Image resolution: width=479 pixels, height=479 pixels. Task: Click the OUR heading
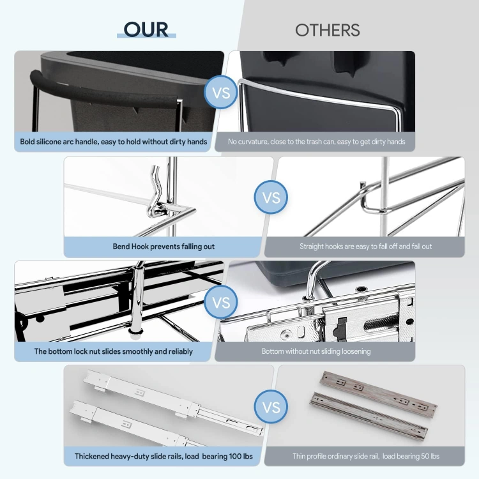click(x=146, y=29)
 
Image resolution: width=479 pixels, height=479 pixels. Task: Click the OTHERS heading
click(x=327, y=30)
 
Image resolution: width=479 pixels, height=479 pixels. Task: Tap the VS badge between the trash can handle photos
click(x=221, y=92)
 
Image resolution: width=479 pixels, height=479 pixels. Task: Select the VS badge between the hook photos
click(x=271, y=197)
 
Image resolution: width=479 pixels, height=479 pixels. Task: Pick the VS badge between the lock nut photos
click(x=221, y=302)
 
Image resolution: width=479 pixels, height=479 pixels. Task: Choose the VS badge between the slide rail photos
click(x=271, y=407)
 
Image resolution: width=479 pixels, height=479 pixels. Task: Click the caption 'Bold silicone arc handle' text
click(x=113, y=142)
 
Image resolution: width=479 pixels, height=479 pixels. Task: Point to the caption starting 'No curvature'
click(x=317, y=142)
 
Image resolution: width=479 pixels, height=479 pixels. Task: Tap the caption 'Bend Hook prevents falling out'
click(x=163, y=247)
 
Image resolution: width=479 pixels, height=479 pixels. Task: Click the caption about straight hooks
click(x=366, y=247)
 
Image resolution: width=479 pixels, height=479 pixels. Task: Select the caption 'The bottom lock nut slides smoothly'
click(x=113, y=351)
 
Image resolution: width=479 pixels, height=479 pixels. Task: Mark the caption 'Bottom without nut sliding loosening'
click(x=316, y=351)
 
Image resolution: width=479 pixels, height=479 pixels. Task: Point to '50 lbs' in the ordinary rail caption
click(x=430, y=457)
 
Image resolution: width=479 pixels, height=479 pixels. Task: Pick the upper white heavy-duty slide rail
click(x=172, y=400)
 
